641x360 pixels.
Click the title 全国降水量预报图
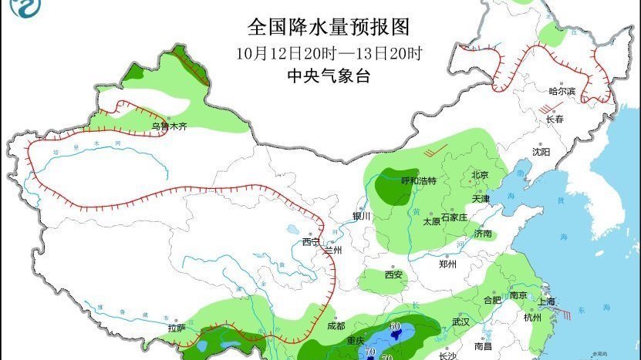[x=327, y=28]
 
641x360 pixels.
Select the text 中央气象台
[x=329, y=76]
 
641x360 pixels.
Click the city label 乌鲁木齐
[x=168, y=126]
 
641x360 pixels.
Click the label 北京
[x=480, y=175]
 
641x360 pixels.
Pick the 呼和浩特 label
[x=419, y=180]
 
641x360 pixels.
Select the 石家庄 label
[x=454, y=217]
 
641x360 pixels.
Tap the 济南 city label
[x=484, y=234]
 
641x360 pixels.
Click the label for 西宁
[x=310, y=241]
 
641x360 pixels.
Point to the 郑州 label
[x=447, y=264]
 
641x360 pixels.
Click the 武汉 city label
[x=461, y=321]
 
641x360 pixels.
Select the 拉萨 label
[x=177, y=328]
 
